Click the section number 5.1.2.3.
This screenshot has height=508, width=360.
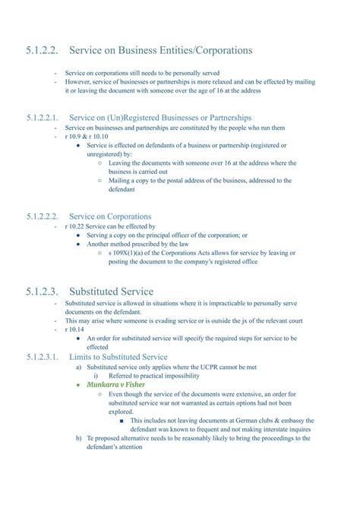click(43, 292)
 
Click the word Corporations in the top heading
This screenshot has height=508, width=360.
click(214, 50)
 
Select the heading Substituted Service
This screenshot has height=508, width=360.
click(111, 292)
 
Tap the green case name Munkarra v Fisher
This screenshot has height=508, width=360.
click(118, 385)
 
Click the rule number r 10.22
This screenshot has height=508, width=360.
click(77, 226)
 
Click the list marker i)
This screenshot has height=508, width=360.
click(96, 376)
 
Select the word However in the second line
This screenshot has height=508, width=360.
click(81, 81)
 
